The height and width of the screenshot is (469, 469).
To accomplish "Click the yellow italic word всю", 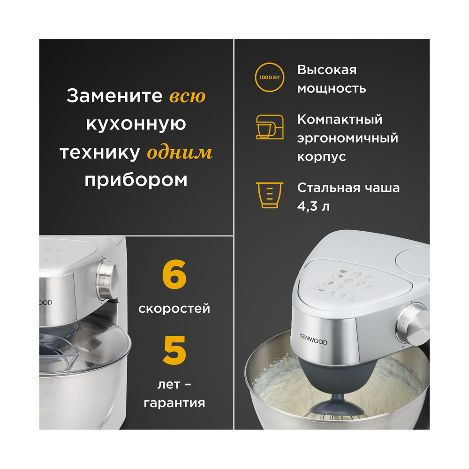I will (x=187, y=96).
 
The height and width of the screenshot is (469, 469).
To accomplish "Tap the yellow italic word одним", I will (x=179, y=152).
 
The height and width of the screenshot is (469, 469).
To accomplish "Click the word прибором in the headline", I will (x=136, y=180).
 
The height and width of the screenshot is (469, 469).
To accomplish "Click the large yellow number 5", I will (x=174, y=350).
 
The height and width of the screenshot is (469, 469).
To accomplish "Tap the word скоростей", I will (x=174, y=309).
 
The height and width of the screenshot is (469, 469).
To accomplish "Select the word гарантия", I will (x=174, y=402).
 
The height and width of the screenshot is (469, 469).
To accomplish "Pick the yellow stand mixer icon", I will (x=269, y=127).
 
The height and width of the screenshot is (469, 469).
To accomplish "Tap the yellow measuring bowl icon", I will (x=269, y=196).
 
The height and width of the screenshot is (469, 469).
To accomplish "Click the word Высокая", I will (x=327, y=70).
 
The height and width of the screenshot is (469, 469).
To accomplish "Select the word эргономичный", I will (x=348, y=138).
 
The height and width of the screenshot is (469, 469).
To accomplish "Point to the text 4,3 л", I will (x=313, y=206).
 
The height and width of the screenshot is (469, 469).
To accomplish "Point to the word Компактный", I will (x=340, y=120).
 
